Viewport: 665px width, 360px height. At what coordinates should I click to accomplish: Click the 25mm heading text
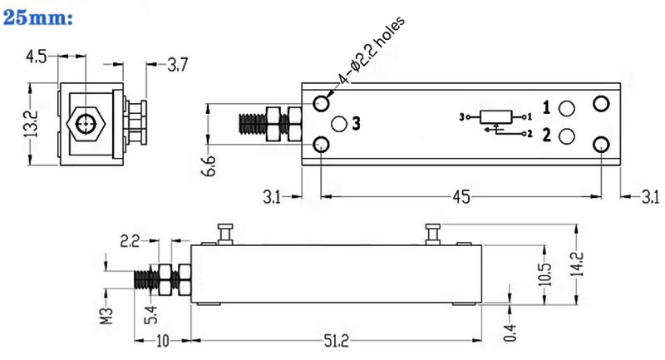(x=41, y=17)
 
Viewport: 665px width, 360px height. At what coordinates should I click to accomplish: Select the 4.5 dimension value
(x=36, y=57)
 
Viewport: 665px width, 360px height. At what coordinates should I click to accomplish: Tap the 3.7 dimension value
(x=178, y=64)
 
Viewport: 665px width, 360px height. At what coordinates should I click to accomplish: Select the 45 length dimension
(x=461, y=196)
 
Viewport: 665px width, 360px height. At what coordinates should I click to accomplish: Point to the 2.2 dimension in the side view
(x=130, y=242)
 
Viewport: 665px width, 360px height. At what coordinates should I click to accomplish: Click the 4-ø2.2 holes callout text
(x=371, y=54)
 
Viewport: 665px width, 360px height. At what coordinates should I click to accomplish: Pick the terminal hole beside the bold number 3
(x=338, y=124)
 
